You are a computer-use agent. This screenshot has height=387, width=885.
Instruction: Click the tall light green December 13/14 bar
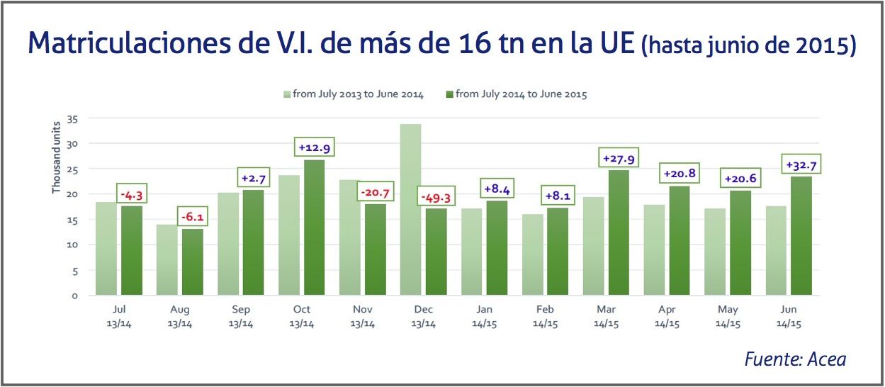(410, 210)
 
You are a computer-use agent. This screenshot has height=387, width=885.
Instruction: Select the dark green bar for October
(314, 228)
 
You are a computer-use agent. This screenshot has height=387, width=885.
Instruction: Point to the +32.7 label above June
(801, 165)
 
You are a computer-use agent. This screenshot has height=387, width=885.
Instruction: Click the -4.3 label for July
(133, 194)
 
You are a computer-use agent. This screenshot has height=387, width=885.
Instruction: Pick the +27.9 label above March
(619, 158)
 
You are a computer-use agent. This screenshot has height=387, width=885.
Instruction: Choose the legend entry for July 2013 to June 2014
(354, 94)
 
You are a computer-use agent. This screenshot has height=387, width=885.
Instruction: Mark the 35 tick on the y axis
(72, 118)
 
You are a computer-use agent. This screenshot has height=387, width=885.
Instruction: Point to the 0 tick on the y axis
(74, 296)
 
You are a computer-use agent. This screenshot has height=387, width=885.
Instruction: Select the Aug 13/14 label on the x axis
(180, 317)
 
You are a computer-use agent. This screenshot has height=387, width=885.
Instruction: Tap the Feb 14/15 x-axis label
(545, 317)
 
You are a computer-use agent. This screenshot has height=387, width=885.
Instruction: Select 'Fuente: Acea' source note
(795, 359)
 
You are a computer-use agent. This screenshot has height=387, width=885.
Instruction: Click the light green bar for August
(167, 259)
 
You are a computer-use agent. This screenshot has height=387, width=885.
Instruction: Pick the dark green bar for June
(801, 235)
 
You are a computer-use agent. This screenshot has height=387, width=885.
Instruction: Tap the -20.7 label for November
(375, 193)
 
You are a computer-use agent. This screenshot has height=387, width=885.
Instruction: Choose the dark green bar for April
(680, 240)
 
